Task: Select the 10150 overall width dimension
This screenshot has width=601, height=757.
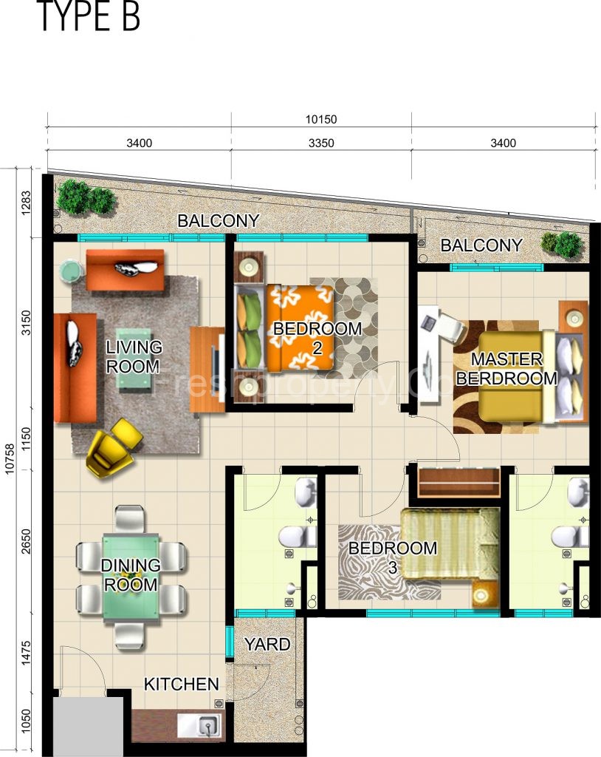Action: (x=321, y=119)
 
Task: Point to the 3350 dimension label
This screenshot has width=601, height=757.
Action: (x=321, y=143)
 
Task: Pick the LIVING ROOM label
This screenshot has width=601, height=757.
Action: (x=134, y=356)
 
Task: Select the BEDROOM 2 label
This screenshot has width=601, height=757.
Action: (x=317, y=337)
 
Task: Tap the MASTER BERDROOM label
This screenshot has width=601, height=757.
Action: (x=506, y=369)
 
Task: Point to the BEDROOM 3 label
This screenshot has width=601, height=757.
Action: (x=393, y=558)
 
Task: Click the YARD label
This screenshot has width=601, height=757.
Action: (x=267, y=644)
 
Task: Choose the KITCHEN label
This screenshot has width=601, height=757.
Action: (x=181, y=684)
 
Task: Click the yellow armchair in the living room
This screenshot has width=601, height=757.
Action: (x=113, y=447)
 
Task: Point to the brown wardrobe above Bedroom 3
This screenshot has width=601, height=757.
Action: (x=455, y=483)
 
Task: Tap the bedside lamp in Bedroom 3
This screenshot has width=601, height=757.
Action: (x=484, y=594)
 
